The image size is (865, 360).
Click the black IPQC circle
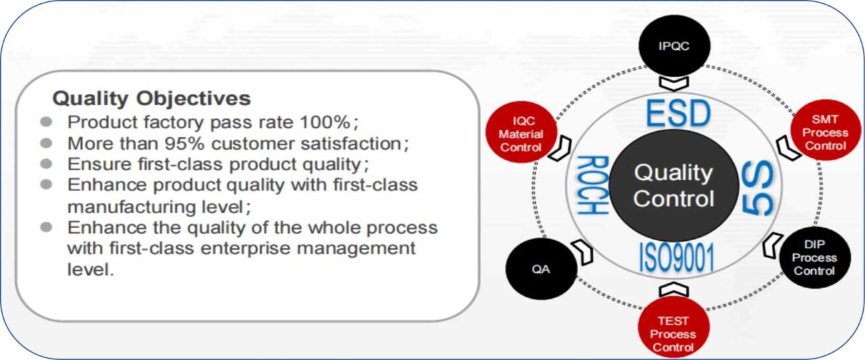[x=674, y=45]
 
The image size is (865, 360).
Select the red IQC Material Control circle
[x=521, y=132]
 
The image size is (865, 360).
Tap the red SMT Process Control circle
[x=826, y=130]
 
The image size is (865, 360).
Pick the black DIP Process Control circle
[x=815, y=258]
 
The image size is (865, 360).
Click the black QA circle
[x=541, y=269]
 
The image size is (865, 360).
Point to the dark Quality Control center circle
[x=673, y=186]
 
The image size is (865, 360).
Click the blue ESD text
[x=678, y=113]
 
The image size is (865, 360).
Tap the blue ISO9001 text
[x=677, y=258]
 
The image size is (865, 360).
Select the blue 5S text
[x=758, y=188]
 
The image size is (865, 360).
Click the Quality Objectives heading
[x=152, y=98]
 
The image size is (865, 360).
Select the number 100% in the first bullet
[x=325, y=122]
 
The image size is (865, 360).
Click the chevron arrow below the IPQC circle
[x=674, y=83]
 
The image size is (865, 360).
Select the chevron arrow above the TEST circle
[x=673, y=289]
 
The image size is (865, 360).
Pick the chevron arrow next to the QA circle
[x=583, y=252]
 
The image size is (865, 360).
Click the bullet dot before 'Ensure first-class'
[x=47, y=164]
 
